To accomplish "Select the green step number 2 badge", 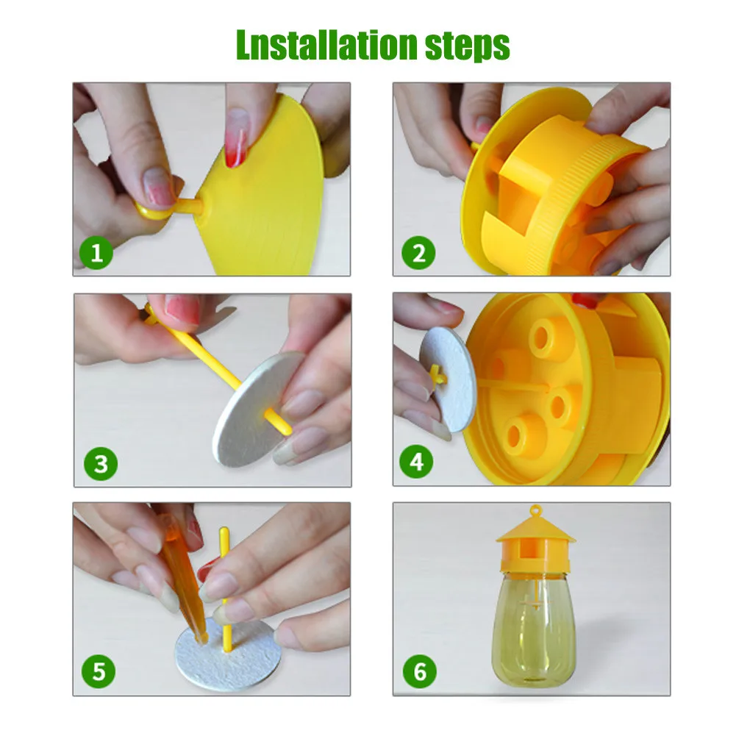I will [418, 254].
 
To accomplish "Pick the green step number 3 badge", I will [100, 464].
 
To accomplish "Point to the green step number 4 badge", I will [417, 462].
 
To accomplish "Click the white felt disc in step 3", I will [254, 412].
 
